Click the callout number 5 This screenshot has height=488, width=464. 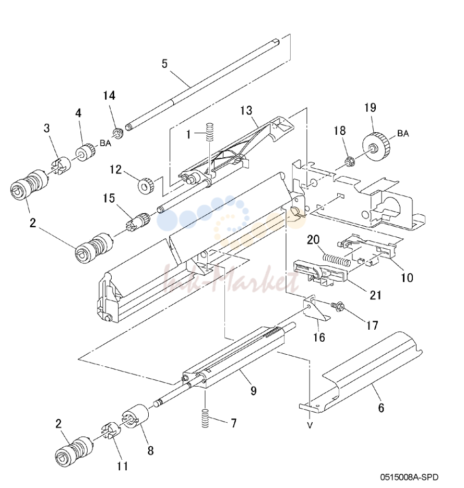(164, 64)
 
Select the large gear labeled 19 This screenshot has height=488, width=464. (376, 146)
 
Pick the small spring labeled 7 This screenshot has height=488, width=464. (205, 419)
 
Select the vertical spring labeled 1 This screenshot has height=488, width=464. (211, 133)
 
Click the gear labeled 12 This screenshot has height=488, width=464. (146, 186)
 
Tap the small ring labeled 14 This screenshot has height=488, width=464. (118, 133)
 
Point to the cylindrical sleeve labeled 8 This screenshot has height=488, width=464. (136, 416)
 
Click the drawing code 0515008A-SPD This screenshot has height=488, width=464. (409, 477)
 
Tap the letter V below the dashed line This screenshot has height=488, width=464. (310, 425)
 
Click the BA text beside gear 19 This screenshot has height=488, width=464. (403, 134)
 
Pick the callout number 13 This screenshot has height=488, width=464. (246, 110)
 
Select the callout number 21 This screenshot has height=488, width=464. (375, 295)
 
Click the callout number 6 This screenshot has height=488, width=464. (381, 408)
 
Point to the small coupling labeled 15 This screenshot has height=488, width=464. (139, 221)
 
